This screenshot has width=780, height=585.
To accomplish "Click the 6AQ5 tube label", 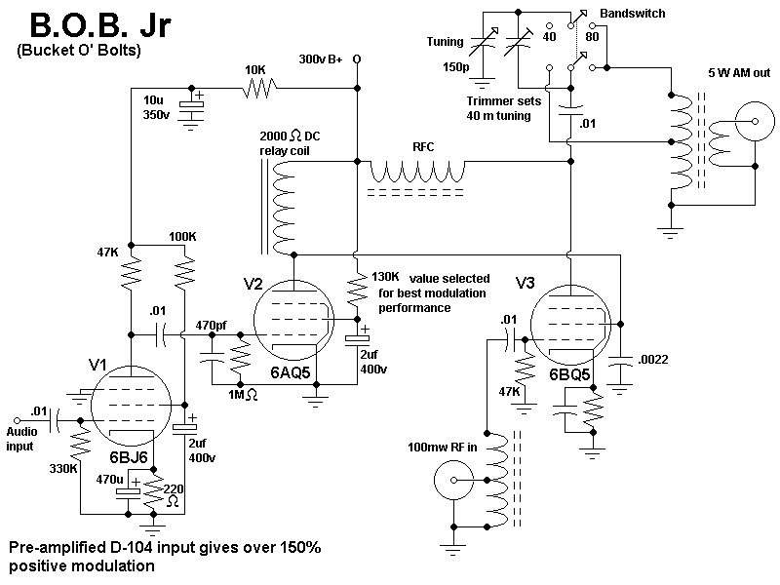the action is tap(290, 372).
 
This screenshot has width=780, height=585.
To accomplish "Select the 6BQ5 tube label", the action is tap(569, 374).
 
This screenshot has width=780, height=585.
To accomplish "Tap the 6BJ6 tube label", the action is tap(129, 457).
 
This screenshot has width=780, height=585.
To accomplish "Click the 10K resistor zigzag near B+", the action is tap(258, 89).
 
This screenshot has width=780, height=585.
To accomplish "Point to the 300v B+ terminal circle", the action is tap(357, 59).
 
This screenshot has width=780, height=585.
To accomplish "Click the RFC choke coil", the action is tap(417, 172).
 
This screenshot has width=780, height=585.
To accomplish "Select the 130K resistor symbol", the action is tap(357, 290).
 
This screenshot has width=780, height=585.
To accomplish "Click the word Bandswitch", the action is tap(632, 14).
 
